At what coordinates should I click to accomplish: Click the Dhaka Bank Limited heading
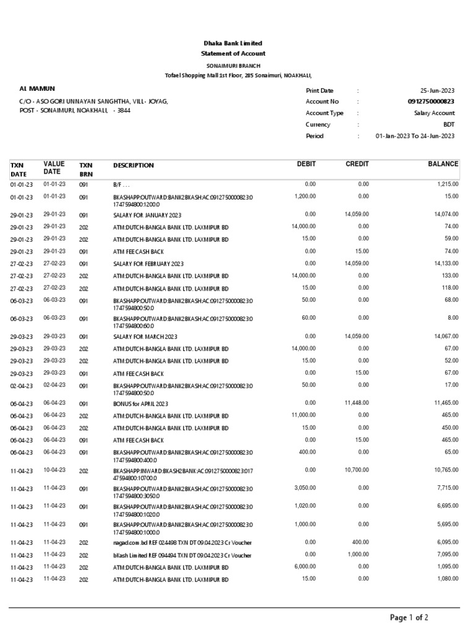click(x=233, y=43)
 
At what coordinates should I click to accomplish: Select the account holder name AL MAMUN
click(x=37, y=89)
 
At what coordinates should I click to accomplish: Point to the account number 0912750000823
click(x=431, y=102)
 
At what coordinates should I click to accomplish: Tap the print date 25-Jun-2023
click(x=437, y=91)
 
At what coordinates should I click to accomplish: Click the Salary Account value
click(x=434, y=113)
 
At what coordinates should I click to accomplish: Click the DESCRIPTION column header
click(x=134, y=166)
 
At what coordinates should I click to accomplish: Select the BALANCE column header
click(x=443, y=164)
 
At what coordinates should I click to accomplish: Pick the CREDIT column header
click(x=357, y=164)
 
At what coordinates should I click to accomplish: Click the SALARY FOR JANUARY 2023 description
click(x=147, y=215)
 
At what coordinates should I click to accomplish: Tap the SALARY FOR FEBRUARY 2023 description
click(x=148, y=263)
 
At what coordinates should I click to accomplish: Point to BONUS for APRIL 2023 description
click(x=141, y=404)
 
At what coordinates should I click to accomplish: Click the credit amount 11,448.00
click(x=356, y=402)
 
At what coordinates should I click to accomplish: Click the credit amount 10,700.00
click(x=356, y=470)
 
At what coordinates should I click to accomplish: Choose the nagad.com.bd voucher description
click(x=173, y=543)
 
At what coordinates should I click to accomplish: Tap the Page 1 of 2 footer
click(x=408, y=618)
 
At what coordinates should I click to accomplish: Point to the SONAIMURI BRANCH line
click(x=233, y=66)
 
